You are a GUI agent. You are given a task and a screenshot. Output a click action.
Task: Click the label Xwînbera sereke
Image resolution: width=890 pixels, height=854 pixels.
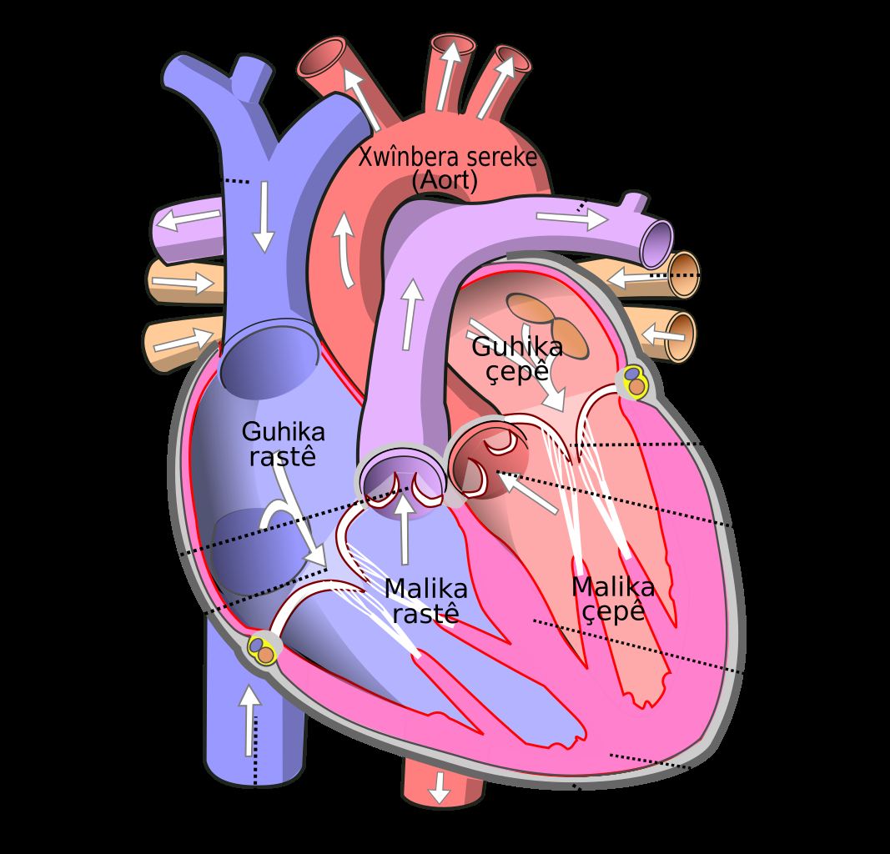(x=447, y=157)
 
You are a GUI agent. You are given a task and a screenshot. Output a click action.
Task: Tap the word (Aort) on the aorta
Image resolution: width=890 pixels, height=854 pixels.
(x=445, y=180)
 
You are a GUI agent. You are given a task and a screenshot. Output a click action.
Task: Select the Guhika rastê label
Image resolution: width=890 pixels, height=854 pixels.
(x=284, y=445)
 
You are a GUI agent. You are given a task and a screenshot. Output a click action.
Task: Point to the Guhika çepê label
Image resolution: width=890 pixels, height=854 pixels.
(x=517, y=359)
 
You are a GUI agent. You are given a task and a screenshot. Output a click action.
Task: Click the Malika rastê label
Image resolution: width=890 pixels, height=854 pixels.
(x=425, y=601)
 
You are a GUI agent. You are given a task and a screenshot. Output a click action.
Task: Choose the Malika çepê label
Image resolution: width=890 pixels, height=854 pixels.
(x=613, y=600)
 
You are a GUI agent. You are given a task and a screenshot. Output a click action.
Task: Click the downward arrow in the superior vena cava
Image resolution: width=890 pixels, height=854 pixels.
(x=264, y=217)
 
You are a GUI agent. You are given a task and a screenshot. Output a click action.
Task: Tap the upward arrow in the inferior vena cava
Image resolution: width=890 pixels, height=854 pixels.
(x=249, y=721)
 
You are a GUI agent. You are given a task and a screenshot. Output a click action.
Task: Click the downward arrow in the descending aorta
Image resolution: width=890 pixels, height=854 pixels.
(x=439, y=788)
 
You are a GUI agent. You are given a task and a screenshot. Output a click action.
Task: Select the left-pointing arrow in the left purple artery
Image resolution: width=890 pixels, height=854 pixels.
(x=189, y=219)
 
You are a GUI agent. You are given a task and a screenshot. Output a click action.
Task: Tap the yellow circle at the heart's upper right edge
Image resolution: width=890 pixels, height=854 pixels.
(x=635, y=381)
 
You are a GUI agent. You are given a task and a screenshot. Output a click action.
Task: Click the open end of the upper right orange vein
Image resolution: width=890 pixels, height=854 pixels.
(x=683, y=274)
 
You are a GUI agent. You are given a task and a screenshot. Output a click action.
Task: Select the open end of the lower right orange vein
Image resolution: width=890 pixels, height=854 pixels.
(x=680, y=336)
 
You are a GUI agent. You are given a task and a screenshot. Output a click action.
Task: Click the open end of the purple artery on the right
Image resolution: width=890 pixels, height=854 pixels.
(x=656, y=244)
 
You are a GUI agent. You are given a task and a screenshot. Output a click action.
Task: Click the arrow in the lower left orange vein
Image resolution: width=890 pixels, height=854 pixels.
(x=183, y=339)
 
